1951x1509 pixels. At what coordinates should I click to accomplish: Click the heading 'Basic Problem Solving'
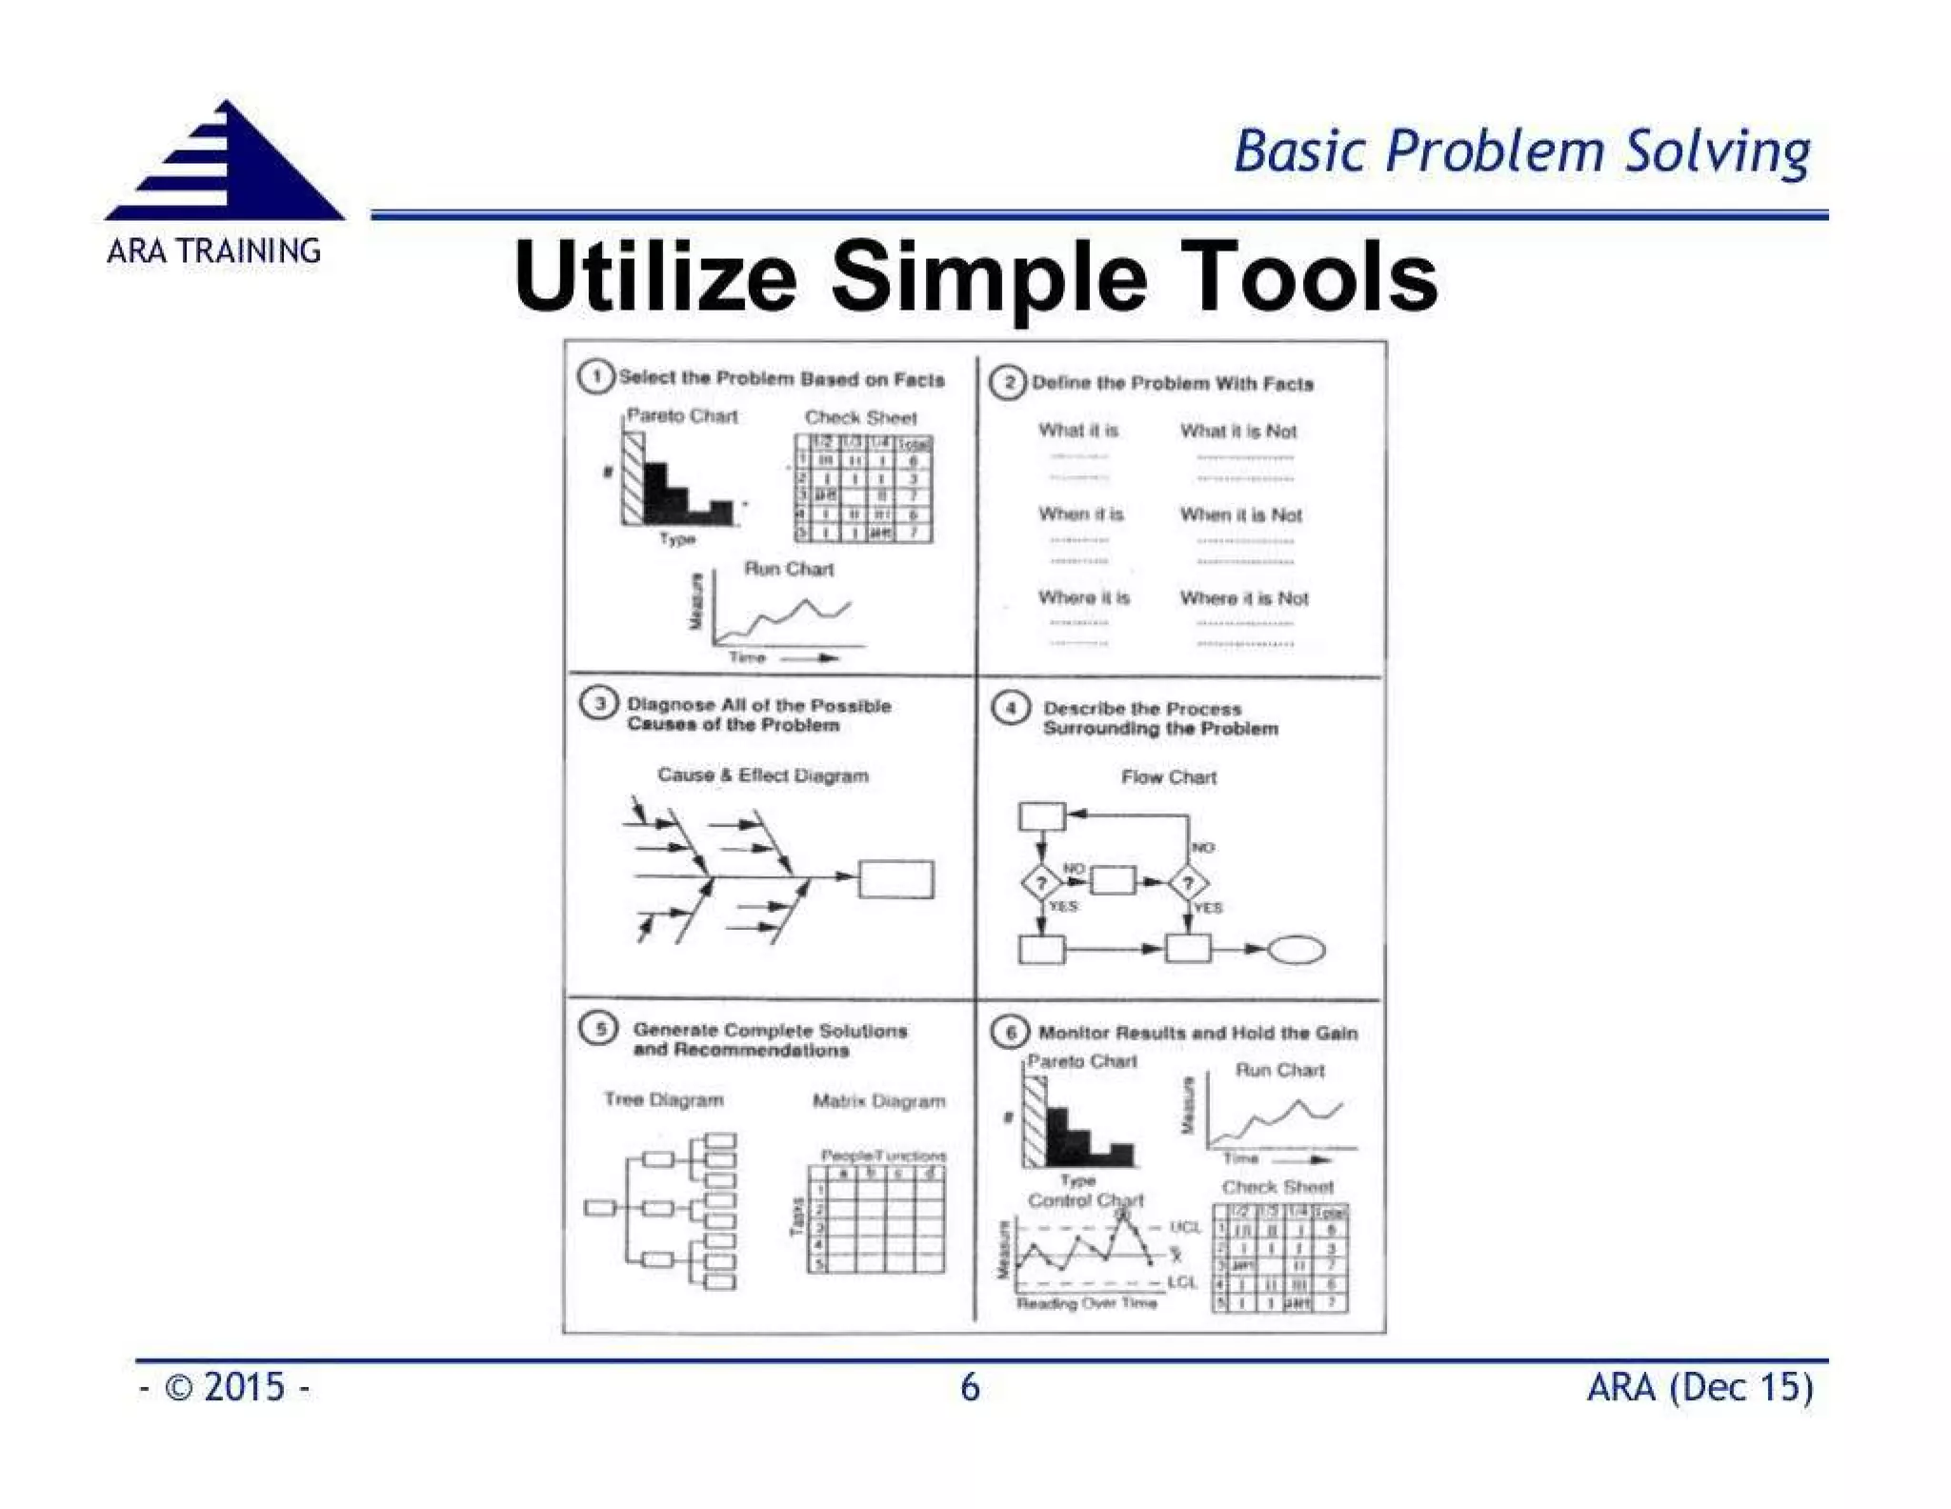point(1521,152)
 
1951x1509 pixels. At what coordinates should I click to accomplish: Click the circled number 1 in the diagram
point(595,377)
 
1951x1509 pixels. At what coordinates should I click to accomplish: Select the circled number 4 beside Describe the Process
point(1010,709)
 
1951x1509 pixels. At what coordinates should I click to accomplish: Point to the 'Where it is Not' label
point(1243,598)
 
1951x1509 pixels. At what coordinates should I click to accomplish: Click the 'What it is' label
point(1078,431)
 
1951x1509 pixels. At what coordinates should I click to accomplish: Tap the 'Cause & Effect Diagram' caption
point(762,775)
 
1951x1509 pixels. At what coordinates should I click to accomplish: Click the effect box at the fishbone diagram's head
point(895,878)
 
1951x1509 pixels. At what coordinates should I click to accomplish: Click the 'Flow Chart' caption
point(1168,777)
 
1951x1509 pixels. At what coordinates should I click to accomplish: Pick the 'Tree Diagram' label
point(663,1099)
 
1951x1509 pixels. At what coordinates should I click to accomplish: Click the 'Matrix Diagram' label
point(878,1101)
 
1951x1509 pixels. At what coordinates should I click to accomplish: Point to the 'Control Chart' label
point(1084,1200)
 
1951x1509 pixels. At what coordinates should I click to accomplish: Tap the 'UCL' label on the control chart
point(1185,1227)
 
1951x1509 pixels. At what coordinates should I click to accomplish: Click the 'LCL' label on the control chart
point(1181,1282)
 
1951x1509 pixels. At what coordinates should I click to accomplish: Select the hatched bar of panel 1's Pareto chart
point(634,477)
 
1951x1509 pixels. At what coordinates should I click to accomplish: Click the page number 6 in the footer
point(970,1387)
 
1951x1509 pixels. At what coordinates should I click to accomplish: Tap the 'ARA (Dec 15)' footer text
point(1700,1387)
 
